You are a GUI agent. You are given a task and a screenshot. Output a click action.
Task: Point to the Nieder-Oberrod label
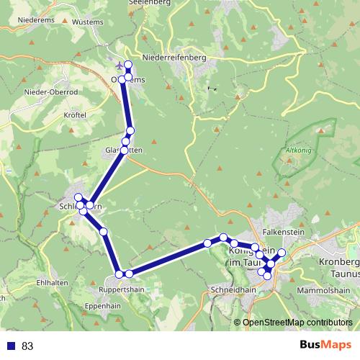pos(50,92)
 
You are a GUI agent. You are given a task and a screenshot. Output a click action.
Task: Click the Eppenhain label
pos(103,306)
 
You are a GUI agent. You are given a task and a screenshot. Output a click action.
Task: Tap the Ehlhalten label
pos(51,283)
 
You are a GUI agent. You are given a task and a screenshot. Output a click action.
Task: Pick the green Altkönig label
pos(297,150)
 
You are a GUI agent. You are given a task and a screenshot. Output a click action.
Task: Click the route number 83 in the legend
pos(27,346)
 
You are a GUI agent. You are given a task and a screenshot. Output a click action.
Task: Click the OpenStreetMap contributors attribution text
pos(297,323)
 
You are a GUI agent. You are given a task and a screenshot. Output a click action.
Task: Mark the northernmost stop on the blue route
pos(128,65)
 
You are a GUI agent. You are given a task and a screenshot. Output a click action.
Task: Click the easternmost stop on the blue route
pos(282,253)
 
